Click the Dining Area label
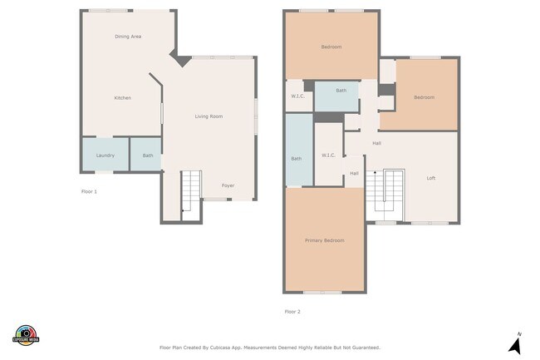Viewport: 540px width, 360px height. coord(128,37)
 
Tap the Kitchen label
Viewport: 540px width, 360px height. coord(123,98)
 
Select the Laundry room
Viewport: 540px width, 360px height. coord(106,155)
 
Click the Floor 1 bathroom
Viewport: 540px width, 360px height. coord(145,155)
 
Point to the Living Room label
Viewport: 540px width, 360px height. coord(209,116)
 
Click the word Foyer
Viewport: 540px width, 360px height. coord(228,185)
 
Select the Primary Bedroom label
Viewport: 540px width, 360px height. coord(324,240)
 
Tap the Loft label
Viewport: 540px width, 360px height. coord(431,178)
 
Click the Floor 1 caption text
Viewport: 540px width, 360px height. coord(89,191)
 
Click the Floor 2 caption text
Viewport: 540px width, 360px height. coord(292,312)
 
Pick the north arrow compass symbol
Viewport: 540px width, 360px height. coord(516,343)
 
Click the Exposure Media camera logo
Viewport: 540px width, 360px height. coord(26,335)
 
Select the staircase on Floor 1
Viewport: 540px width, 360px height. coord(191,195)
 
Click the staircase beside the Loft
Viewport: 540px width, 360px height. coord(385,195)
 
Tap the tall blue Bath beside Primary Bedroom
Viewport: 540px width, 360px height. coord(299,150)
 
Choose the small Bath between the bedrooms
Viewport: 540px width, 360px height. coord(336,96)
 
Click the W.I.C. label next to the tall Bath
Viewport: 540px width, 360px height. coord(328,155)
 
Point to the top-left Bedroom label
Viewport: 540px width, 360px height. coord(331,47)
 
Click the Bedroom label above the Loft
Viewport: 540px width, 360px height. coord(424,97)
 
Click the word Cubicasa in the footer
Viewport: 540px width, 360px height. coord(220,348)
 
